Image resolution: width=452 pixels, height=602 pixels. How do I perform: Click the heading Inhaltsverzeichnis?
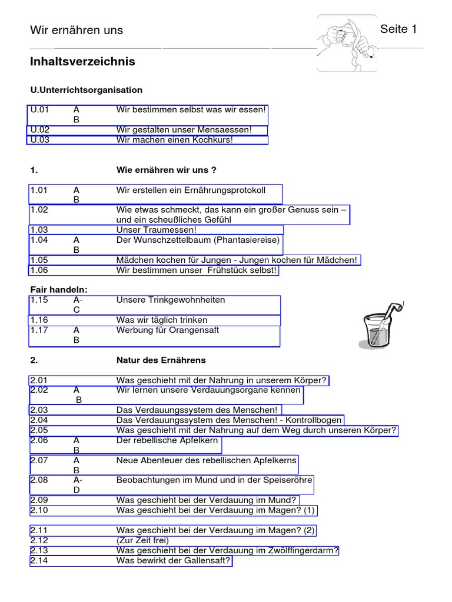coord(82,62)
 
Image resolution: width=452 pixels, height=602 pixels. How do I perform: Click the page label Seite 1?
coord(398,29)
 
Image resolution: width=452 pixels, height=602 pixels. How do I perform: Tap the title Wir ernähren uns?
coord(77,31)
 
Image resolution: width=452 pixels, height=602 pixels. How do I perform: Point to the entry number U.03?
coord(40,140)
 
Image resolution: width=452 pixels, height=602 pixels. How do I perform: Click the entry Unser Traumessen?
coord(157,230)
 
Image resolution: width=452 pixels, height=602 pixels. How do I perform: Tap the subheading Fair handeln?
coord(59,289)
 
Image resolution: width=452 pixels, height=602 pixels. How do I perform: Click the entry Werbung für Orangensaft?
coord(168,330)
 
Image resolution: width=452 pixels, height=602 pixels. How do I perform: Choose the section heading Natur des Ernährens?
coord(161,360)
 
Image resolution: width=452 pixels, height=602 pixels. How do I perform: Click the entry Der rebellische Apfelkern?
coord(167,440)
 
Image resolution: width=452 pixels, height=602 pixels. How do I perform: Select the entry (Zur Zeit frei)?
coord(142,540)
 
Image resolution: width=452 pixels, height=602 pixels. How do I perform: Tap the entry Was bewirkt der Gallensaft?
coord(174,561)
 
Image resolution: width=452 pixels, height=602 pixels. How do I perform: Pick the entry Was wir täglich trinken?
coord(162,320)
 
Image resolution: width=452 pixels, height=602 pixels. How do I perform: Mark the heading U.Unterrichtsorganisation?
coord(87,90)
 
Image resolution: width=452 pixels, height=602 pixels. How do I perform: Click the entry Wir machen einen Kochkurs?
coord(175,140)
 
